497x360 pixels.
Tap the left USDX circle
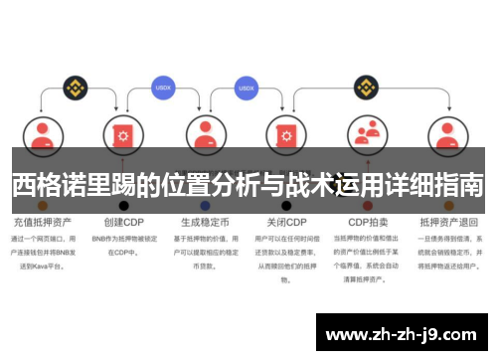coord(163,87)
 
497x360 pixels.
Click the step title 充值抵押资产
coord(41,222)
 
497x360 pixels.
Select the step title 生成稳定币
coord(204,222)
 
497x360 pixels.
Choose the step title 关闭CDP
coord(286,222)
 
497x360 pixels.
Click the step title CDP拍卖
coord(368,222)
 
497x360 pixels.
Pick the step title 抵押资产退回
coord(449,222)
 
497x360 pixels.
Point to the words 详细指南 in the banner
coord(437,183)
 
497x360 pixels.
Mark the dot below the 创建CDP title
coord(123,205)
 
